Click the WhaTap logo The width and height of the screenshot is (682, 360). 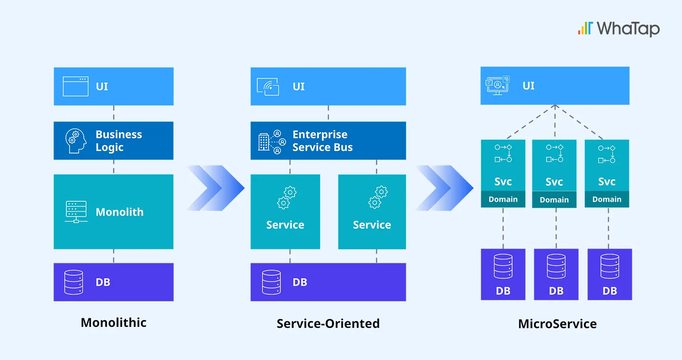[x=619, y=28]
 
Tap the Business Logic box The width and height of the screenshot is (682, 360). [x=114, y=141]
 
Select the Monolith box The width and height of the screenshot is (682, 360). [x=114, y=212]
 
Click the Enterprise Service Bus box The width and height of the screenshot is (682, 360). [x=328, y=141]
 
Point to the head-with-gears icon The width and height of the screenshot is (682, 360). [x=76, y=141]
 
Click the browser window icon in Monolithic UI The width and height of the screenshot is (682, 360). [x=75, y=87]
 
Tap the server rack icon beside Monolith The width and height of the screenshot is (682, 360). [x=76, y=212]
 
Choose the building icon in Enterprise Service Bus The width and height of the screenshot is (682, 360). [x=264, y=142]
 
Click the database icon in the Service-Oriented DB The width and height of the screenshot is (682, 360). [x=271, y=282]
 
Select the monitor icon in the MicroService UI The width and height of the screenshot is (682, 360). [x=497, y=86]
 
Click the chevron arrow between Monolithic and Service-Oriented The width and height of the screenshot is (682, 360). [x=215, y=188]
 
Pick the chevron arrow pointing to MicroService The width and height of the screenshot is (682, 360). [x=444, y=188]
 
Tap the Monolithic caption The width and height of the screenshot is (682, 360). [x=114, y=323]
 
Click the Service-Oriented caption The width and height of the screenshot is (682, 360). [x=328, y=324]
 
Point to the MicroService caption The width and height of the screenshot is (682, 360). [x=557, y=324]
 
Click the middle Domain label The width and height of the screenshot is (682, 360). [x=554, y=200]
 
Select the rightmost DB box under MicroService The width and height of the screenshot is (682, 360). [x=610, y=274]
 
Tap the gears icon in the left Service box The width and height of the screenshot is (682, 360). [x=287, y=198]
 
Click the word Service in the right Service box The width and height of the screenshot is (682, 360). [x=372, y=225]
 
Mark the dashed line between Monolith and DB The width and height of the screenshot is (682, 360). [x=114, y=256]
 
